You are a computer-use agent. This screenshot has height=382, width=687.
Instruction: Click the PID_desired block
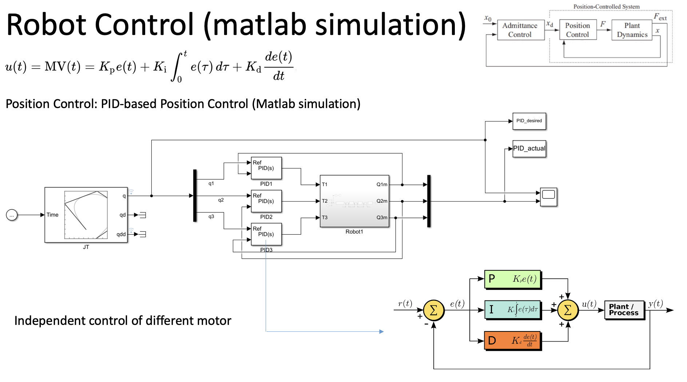tap(529, 121)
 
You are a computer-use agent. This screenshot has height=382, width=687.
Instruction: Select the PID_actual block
tap(529, 148)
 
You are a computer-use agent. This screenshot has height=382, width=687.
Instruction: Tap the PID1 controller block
tap(266, 168)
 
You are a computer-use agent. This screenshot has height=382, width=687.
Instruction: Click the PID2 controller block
tap(266, 201)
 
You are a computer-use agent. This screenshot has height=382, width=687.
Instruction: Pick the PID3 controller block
tap(266, 234)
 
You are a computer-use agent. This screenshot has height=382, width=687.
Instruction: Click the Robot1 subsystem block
tap(354, 201)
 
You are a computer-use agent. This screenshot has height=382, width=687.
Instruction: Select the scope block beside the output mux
tap(548, 197)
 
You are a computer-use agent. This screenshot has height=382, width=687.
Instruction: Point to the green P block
tap(513, 279)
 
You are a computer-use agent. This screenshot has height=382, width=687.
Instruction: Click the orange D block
tap(513, 341)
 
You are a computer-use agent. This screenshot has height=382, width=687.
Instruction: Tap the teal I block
tap(513, 310)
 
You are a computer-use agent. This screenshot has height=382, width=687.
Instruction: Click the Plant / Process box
tap(624, 310)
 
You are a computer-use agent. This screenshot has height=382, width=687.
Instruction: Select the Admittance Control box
tap(520, 30)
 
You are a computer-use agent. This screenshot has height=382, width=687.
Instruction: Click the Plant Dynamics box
tap(632, 30)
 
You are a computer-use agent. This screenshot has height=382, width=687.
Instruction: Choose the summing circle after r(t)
tap(434, 310)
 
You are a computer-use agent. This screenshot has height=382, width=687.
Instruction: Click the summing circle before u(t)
tap(568, 310)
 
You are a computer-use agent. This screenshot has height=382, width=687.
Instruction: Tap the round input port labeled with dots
tap(12, 215)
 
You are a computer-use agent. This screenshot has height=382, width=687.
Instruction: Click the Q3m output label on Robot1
tap(382, 218)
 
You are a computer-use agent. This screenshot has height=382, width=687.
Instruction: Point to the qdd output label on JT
tap(121, 234)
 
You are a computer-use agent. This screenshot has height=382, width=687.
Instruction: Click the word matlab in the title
tap(259, 25)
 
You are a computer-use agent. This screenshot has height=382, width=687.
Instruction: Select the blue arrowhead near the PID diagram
tap(381, 331)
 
